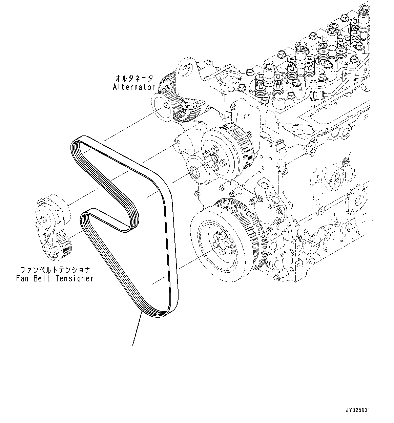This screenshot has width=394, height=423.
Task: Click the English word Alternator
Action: pos(134,87)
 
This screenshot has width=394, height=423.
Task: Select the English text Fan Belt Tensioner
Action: pos(55,278)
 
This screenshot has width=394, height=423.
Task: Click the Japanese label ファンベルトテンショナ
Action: pos(55,270)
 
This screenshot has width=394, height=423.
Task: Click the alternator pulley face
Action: pos(163,107)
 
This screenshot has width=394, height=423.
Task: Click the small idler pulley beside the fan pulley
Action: pos(194,171)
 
